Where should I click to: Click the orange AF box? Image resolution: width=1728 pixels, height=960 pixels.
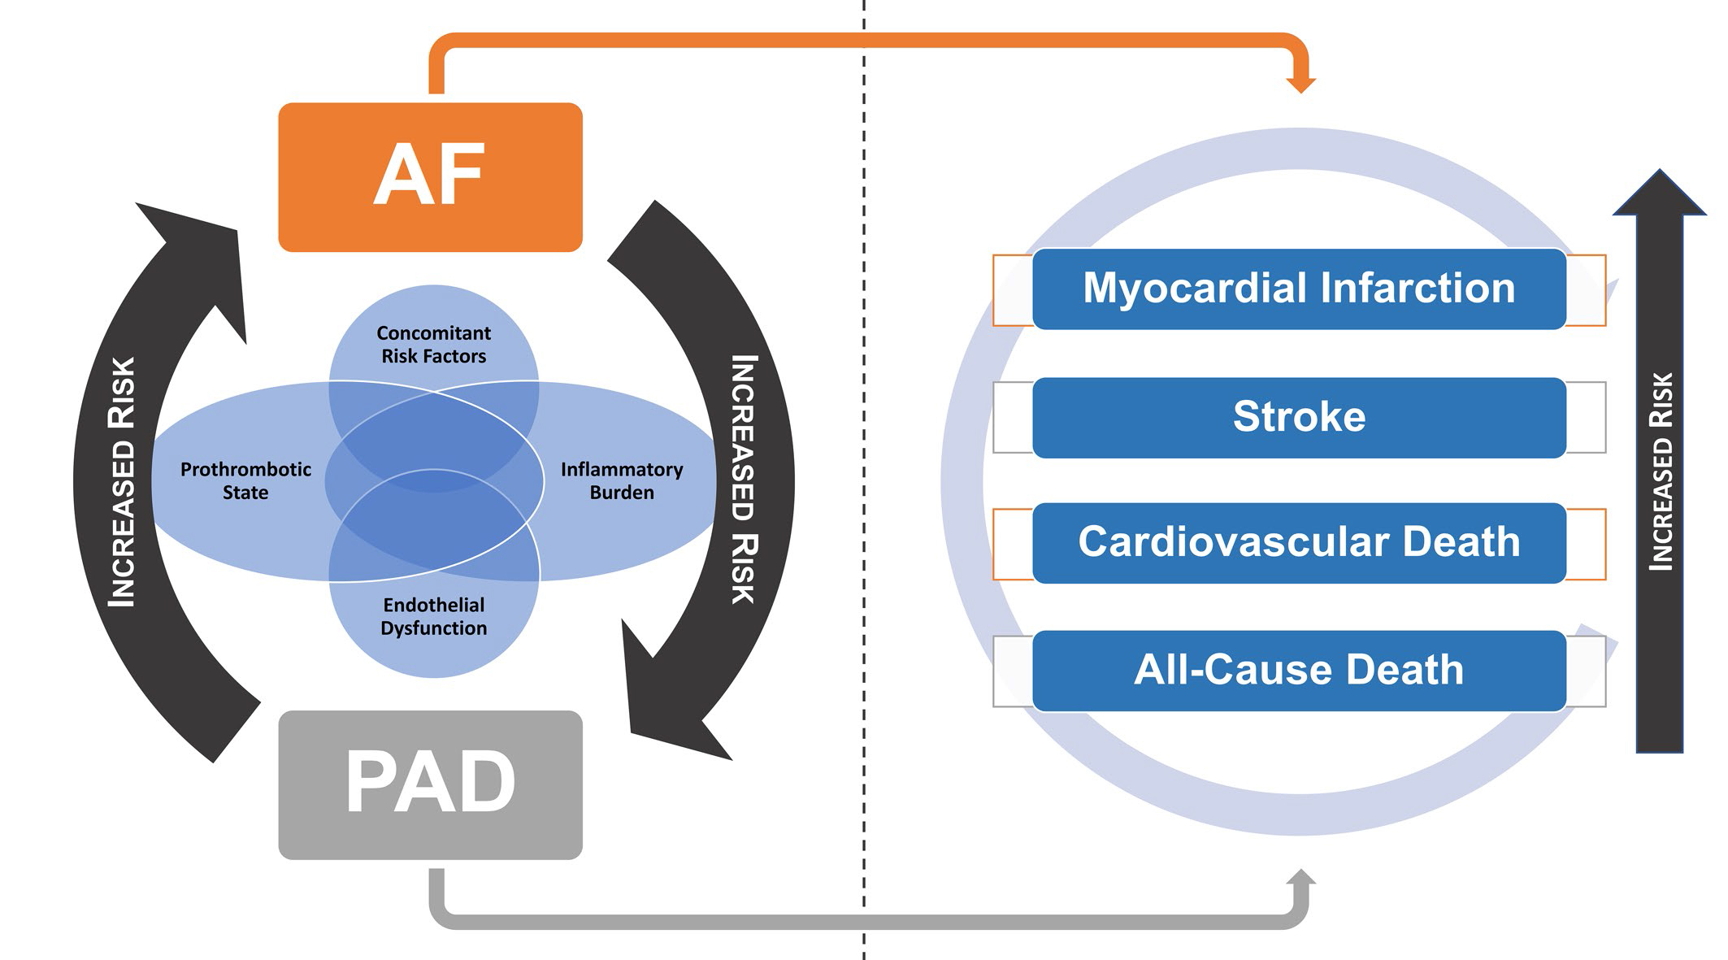point(430,176)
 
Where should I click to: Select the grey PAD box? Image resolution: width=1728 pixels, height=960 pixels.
point(430,784)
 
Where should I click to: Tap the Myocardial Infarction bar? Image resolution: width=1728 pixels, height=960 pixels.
point(1298,289)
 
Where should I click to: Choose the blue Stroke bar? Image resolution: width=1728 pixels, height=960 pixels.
point(1298,417)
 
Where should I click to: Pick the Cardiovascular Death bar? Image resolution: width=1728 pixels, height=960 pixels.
point(1298,542)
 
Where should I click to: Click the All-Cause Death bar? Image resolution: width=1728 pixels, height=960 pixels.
point(1298,671)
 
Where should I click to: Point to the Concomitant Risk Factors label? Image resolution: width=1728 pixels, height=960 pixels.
point(433,345)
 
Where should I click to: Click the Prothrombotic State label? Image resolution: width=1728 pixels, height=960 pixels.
point(245,480)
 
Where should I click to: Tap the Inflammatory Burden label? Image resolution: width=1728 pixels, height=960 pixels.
point(622,480)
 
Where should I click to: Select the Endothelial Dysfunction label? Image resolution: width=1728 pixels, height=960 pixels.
point(433,616)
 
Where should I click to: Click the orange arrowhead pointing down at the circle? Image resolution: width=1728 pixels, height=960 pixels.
point(1300,84)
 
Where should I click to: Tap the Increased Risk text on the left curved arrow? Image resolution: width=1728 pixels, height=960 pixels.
point(123,482)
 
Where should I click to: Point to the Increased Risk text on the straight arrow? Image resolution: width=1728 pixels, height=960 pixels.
point(1661,471)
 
